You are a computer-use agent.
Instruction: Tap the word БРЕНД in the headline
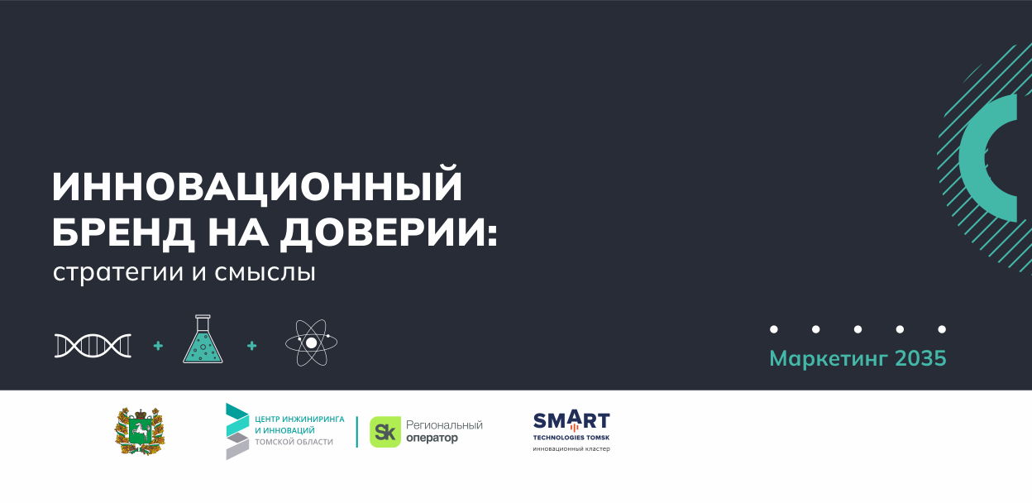[122, 232]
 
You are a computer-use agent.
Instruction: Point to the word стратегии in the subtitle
[118, 272]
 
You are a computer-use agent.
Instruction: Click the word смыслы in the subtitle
[265, 272]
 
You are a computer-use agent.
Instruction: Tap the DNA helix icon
[93, 345]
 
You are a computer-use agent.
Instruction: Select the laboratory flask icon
[203, 339]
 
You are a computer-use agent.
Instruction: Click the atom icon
[312, 343]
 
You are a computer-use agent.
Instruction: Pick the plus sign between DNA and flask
[158, 345]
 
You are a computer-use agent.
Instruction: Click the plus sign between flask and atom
[251, 345]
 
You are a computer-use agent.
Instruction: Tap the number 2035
[920, 358]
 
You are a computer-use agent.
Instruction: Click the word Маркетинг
[829, 359]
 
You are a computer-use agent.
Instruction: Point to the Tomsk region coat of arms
[139, 431]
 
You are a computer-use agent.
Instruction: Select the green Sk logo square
[385, 432]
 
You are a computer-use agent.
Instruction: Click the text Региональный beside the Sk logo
[444, 424]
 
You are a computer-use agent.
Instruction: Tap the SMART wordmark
[571, 420]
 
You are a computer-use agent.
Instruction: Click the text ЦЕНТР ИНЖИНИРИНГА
[299, 419]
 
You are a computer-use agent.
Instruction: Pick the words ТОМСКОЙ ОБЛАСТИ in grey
[294, 442]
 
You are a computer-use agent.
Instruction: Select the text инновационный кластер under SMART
[571, 448]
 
